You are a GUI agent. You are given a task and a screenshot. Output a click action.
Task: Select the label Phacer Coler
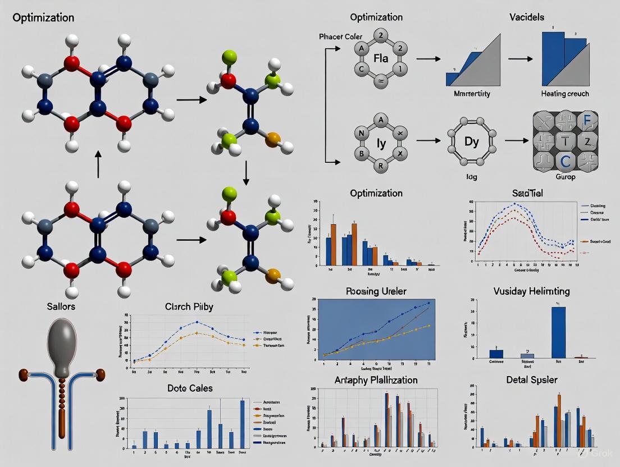(341, 36)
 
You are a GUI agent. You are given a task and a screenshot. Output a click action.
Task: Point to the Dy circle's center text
(471, 141)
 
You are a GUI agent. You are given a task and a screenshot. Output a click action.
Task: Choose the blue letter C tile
(564, 161)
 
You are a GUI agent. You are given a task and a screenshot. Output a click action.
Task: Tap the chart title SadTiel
(527, 193)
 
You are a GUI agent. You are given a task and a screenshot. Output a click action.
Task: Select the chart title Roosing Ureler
(376, 291)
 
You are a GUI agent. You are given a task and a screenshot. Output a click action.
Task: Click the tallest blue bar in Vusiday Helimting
(558, 332)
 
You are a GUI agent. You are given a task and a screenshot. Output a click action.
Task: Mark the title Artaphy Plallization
(376, 380)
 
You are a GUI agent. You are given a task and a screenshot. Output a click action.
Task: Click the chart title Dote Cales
(190, 388)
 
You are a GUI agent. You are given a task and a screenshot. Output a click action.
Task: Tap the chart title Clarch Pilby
(189, 307)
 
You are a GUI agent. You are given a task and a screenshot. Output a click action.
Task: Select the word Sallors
(61, 306)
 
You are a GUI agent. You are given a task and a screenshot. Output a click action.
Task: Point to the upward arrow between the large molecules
(98, 164)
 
